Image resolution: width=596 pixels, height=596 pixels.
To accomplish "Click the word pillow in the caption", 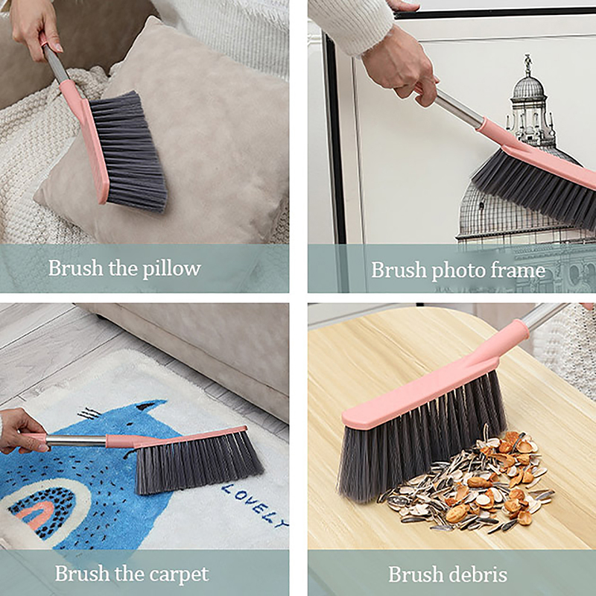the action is [171, 269].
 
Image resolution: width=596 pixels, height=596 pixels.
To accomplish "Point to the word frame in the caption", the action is [518, 270].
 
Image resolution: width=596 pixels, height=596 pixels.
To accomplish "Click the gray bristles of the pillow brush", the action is [128, 151].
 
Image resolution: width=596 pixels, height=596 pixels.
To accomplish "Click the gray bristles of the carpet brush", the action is [197, 463].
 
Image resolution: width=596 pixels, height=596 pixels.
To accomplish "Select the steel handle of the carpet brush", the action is [76, 441].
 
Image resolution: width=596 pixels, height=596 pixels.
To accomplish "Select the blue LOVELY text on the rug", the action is [254, 504].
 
